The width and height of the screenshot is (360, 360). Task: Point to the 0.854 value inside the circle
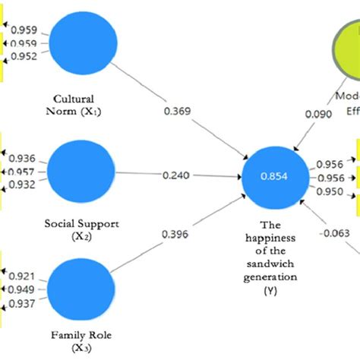pos(273,176)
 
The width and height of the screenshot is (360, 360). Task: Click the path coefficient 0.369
pos(177,112)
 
